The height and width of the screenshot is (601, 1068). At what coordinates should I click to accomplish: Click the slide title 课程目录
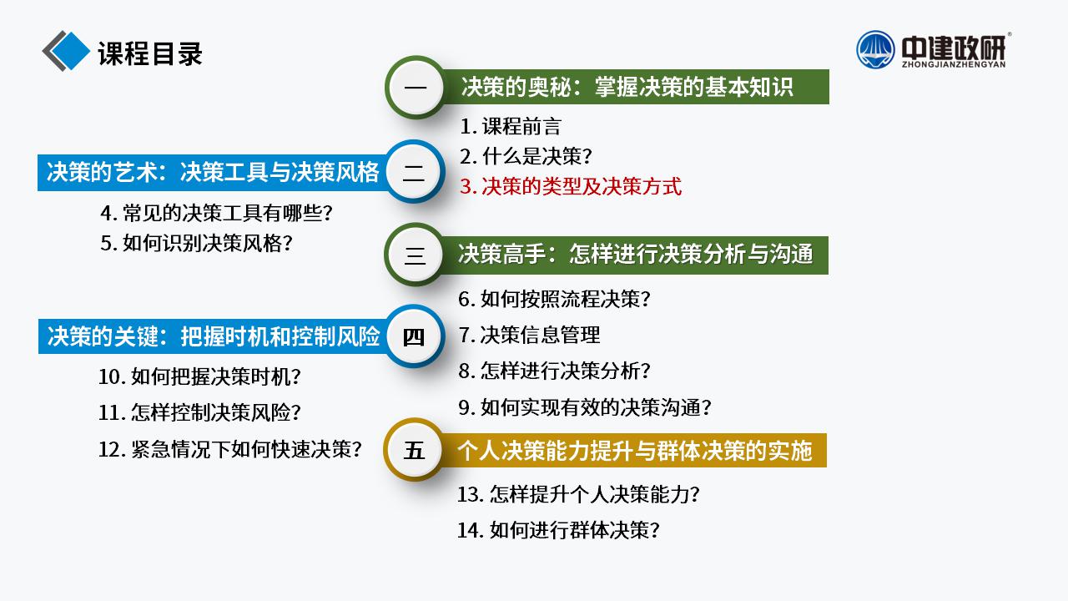(150, 53)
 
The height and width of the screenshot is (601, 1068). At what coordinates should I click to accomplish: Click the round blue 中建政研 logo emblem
(875, 50)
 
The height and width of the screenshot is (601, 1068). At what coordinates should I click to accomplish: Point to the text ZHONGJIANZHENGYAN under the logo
(954, 64)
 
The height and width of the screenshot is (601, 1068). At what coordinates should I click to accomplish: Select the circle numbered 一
(416, 88)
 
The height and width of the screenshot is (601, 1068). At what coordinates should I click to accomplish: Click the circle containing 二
(415, 172)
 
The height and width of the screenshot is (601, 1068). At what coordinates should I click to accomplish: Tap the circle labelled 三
(415, 255)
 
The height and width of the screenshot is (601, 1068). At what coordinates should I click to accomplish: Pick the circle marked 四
(415, 336)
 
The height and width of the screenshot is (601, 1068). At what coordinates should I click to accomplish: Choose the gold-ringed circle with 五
(413, 450)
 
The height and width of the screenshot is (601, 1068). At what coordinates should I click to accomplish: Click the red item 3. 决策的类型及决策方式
(571, 186)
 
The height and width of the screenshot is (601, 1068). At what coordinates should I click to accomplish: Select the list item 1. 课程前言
(510, 126)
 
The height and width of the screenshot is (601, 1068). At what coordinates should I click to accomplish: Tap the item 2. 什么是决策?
(526, 156)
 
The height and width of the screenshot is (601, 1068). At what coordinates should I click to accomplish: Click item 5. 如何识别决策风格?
(196, 243)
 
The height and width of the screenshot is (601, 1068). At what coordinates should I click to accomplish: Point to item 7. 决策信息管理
(529, 335)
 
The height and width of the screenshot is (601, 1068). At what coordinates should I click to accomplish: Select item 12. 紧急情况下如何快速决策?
(230, 449)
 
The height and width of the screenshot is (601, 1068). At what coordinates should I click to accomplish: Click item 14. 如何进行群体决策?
(558, 530)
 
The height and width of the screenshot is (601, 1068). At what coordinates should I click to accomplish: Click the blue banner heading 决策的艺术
(212, 172)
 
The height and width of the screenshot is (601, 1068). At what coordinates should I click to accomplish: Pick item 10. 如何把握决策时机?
(199, 376)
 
